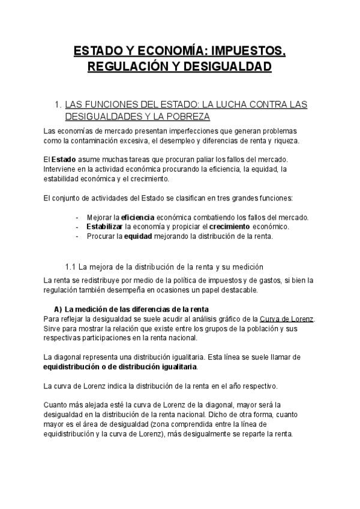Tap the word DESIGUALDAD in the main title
[x=229, y=66]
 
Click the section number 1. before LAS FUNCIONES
[x=58, y=104]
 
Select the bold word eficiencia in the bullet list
[x=137, y=217]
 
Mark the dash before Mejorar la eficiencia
[x=77, y=217]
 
